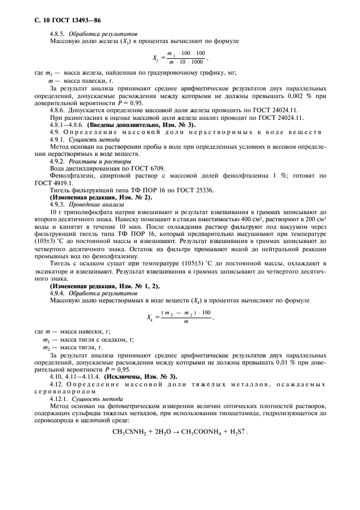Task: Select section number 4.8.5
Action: (x=57, y=34)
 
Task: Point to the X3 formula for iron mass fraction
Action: (x=180, y=56)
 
